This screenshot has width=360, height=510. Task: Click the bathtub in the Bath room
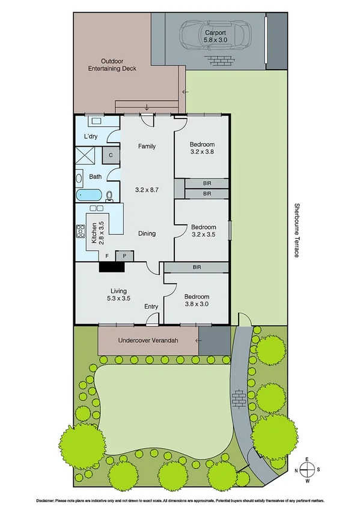[x=90, y=195]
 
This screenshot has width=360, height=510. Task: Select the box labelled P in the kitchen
[x=124, y=256]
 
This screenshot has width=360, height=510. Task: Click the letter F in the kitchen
[x=107, y=256]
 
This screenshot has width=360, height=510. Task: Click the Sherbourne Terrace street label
[x=296, y=230]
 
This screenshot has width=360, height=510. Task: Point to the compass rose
[x=307, y=469]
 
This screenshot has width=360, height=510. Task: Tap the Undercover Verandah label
[x=148, y=341]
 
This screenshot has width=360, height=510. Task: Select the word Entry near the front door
[x=151, y=307]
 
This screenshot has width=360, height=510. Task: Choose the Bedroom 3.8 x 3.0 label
[x=197, y=301]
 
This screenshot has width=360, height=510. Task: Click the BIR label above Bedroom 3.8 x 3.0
[x=197, y=266]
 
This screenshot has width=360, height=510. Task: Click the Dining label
[x=147, y=233]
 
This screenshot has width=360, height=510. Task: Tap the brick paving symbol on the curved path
[x=239, y=397]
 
